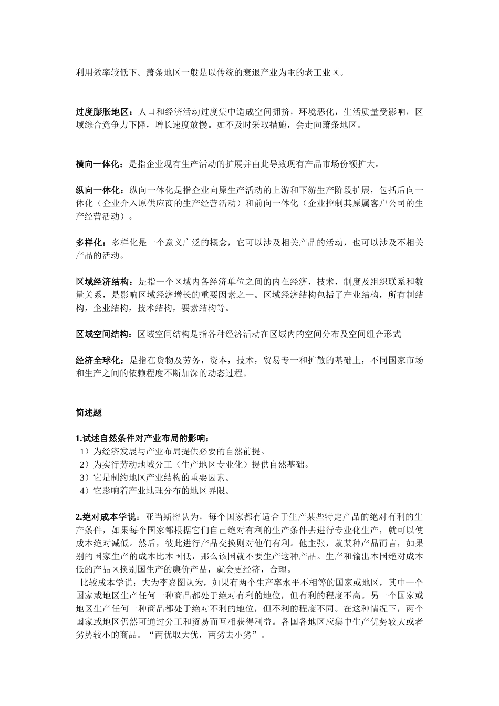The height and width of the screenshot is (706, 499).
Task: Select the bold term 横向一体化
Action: (x=98, y=164)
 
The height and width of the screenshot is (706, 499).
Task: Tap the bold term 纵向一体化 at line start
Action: (x=98, y=190)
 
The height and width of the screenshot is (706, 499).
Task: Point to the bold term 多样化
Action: (x=89, y=243)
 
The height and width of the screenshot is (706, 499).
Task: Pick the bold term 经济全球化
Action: (x=98, y=360)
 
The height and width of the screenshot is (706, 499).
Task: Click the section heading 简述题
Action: (x=89, y=413)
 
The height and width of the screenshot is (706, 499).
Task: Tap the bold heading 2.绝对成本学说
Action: (x=105, y=517)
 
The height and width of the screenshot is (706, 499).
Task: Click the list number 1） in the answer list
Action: (x=85, y=452)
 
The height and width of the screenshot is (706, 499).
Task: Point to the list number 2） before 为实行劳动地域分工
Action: (x=85, y=465)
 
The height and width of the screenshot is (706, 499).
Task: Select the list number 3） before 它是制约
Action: (x=85, y=478)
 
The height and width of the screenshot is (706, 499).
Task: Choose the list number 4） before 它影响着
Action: (x=85, y=491)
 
